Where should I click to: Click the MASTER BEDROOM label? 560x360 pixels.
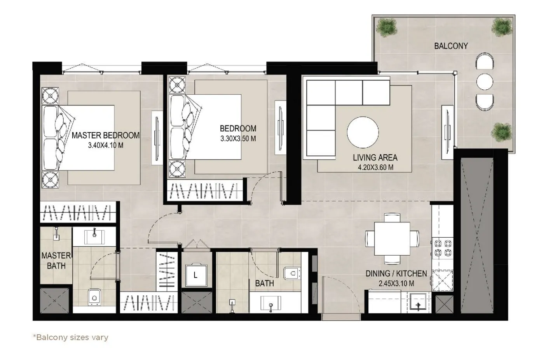pyautogui.click(x=105, y=136)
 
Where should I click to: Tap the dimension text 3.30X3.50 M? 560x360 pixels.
pyautogui.click(x=238, y=139)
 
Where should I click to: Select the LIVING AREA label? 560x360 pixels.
pyautogui.click(x=375, y=158)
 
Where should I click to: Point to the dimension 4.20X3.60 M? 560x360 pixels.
pyautogui.click(x=375, y=167)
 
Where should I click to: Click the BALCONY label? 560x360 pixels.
pyautogui.click(x=451, y=46)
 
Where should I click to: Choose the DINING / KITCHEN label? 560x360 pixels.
pyautogui.click(x=396, y=274)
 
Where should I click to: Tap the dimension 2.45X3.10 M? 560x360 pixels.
pyautogui.click(x=396, y=283)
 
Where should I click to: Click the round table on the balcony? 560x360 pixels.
pyautogui.click(x=485, y=82)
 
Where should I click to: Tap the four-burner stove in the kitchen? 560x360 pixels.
pyautogui.click(x=443, y=248)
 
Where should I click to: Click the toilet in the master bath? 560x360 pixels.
pyautogui.click(x=94, y=297)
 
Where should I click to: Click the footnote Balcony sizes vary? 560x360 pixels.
pyautogui.click(x=70, y=337)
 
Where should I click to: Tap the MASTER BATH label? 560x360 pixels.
pyautogui.click(x=56, y=261)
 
